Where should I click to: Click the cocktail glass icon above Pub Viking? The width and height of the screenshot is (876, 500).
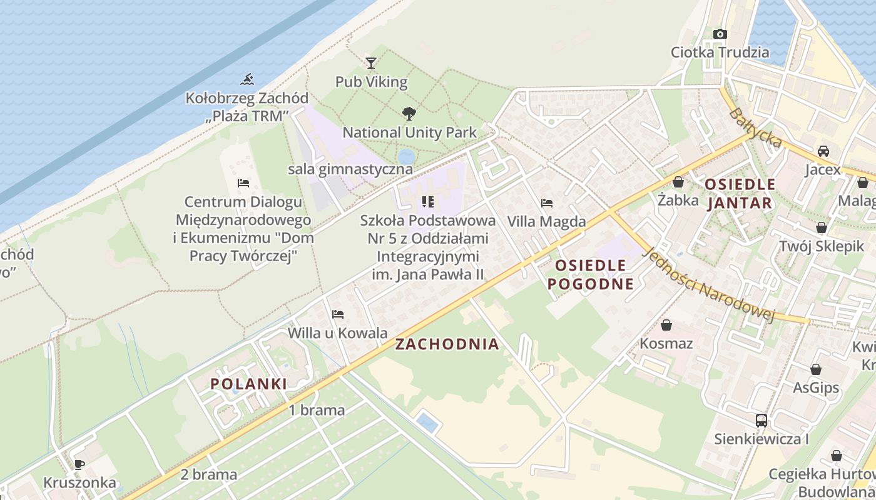[371, 62]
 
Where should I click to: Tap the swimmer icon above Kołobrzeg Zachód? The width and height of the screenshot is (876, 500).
[248, 79]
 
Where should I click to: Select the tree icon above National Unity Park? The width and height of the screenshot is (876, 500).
[409, 113]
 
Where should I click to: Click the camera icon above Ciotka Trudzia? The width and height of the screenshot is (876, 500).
[720, 34]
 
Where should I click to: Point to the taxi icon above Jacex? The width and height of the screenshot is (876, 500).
[823, 151]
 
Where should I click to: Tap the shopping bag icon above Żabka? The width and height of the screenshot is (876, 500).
[678, 182]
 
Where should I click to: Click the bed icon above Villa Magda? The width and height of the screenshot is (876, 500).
[546, 203]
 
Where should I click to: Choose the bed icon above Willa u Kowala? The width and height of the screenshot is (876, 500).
[338, 314]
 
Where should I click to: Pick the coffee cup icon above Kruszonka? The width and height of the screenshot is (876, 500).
[79, 464]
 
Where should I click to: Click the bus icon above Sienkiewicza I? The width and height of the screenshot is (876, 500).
[761, 420]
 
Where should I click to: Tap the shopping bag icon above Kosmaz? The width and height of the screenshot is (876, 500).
[666, 325]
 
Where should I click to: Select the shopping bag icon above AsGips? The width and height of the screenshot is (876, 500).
[815, 369]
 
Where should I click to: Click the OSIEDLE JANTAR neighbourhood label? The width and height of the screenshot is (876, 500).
[740, 194]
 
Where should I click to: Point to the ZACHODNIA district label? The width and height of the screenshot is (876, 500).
[447, 344]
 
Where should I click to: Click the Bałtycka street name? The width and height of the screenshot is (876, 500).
[756, 129]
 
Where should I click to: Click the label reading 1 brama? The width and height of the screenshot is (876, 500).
[317, 410]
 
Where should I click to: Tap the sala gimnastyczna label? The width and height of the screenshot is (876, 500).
[350, 169]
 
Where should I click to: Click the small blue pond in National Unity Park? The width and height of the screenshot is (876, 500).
[406, 156]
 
